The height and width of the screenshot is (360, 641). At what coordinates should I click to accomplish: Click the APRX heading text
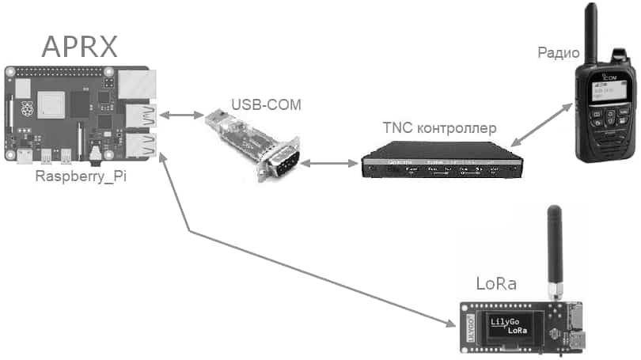[x=79, y=46]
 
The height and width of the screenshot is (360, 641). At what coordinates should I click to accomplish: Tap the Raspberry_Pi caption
[x=81, y=176]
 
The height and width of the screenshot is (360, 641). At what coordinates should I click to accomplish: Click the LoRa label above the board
[x=495, y=283]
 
